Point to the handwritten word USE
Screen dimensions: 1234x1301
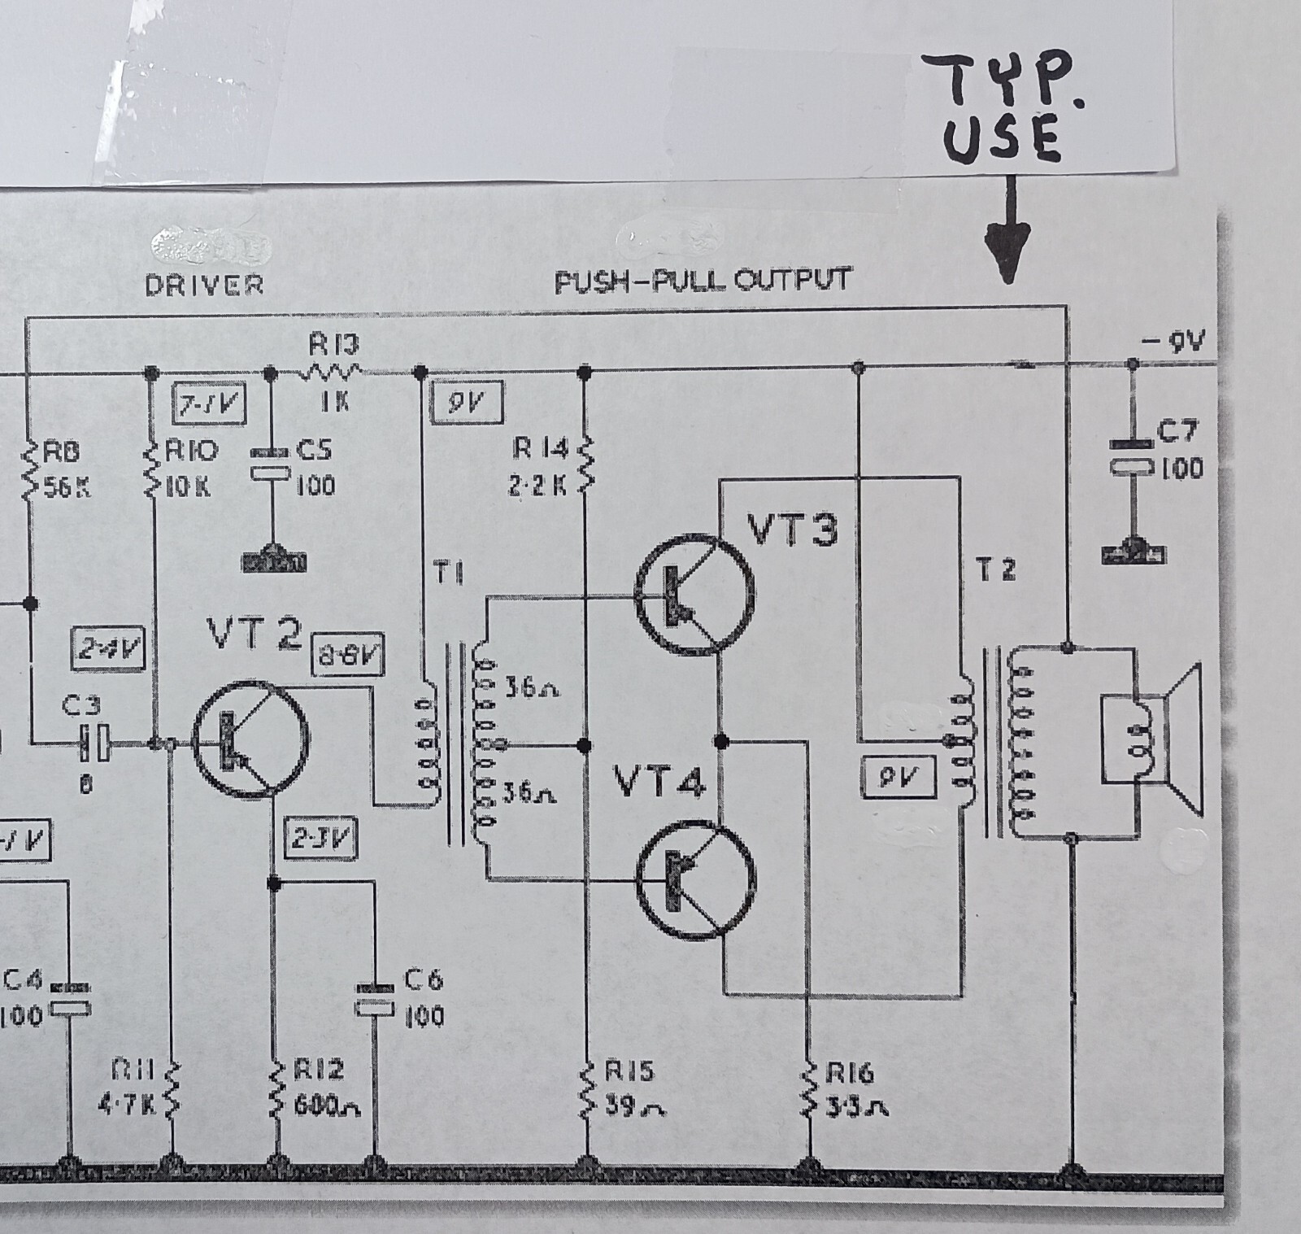click(1003, 139)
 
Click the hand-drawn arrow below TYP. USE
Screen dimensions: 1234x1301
click(1009, 232)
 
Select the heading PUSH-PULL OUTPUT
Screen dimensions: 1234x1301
click(703, 281)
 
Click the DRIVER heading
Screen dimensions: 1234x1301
click(204, 285)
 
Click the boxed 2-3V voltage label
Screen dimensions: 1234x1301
click(321, 839)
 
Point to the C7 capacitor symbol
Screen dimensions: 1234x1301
click(1133, 456)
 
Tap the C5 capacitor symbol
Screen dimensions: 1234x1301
click(271, 462)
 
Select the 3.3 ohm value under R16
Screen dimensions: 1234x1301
click(857, 1107)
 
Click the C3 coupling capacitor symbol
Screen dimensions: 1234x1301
click(92, 742)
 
